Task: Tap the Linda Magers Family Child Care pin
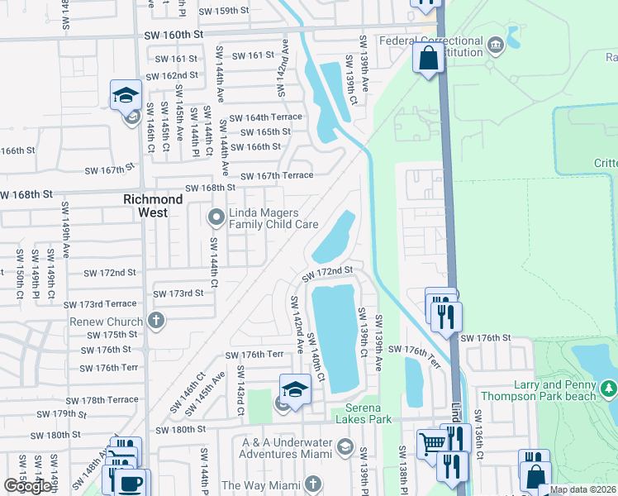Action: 216,218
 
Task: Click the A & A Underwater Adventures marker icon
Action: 345,448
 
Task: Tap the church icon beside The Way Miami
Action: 312,484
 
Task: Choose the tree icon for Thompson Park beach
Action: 609,388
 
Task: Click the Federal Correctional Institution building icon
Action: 495,44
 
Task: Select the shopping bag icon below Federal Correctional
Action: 429,58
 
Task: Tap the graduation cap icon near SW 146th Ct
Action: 126,95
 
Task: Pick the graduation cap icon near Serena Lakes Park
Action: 295,388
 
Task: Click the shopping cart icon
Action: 431,443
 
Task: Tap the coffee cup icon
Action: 131,483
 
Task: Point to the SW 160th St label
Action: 173,35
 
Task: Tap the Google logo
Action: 27,485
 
